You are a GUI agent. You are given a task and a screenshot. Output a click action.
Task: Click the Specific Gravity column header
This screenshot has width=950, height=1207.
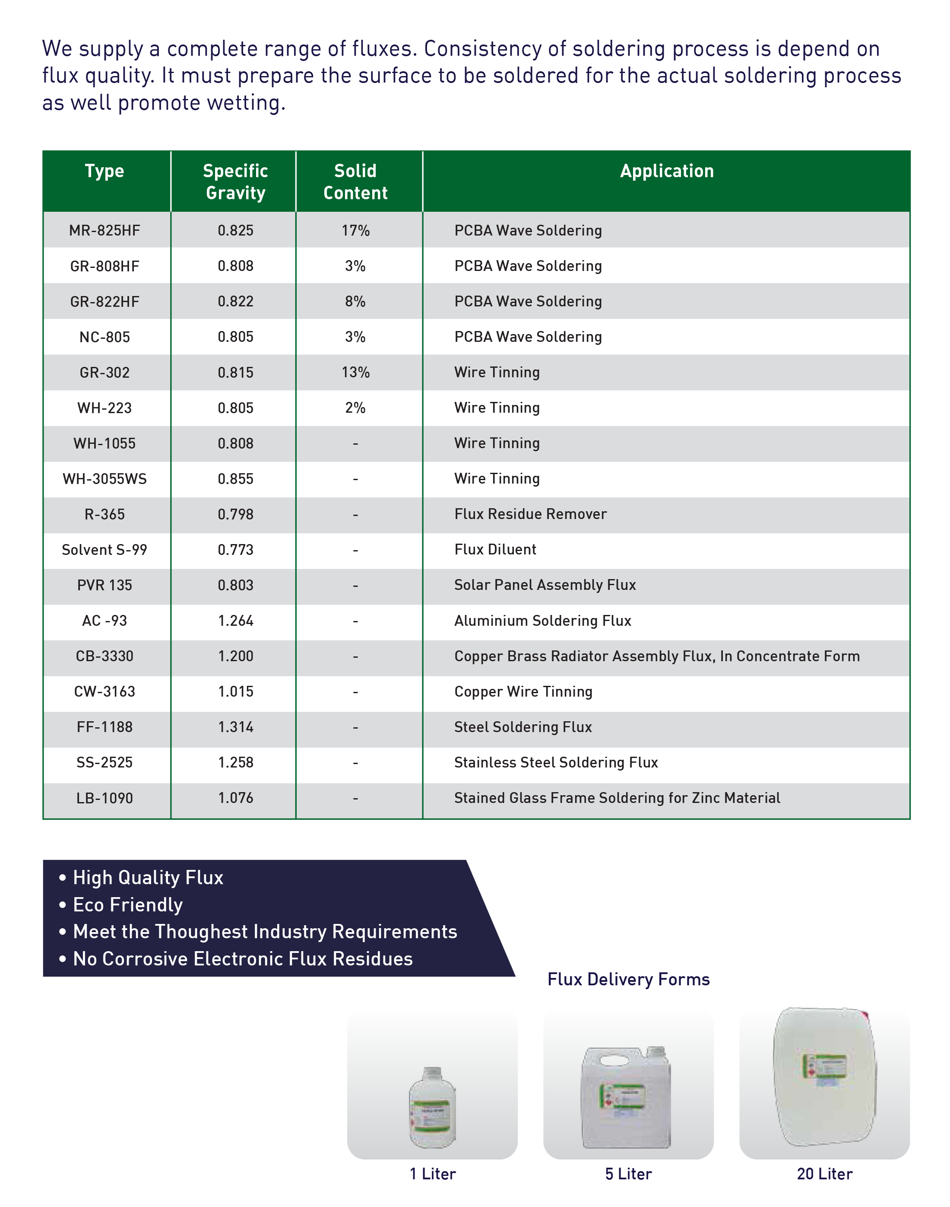click(235, 182)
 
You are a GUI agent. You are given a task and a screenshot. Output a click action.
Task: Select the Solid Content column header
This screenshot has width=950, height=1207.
click(355, 182)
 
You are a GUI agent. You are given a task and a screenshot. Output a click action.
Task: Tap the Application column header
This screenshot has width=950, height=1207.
click(666, 171)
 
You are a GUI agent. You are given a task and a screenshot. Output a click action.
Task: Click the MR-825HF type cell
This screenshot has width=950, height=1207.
click(104, 230)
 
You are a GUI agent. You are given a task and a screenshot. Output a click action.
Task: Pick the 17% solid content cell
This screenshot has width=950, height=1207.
click(355, 230)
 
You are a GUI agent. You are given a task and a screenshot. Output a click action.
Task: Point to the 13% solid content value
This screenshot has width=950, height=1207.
click(355, 372)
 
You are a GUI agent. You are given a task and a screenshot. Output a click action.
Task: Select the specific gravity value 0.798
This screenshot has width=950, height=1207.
click(235, 514)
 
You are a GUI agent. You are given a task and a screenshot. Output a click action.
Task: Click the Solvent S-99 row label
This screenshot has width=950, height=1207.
click(104, 550)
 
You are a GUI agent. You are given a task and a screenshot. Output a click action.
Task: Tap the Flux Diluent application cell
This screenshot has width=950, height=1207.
click(495, 550)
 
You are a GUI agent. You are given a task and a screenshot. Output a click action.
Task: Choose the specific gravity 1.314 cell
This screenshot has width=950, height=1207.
click(235, 727)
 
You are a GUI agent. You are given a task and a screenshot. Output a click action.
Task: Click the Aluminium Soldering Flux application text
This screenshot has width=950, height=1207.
click(542, 621)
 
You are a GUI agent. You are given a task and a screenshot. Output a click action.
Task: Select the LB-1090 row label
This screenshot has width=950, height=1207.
click(104, 798)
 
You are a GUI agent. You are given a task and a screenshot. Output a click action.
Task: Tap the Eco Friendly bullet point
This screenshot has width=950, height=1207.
click(127, 905)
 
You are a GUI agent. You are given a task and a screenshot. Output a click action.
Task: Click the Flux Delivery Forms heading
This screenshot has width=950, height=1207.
click(629, 979)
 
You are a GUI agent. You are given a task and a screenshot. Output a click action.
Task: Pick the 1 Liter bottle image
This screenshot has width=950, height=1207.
click(432, 1108)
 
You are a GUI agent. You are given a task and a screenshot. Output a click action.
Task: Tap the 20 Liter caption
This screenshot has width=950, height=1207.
click(824, 1174)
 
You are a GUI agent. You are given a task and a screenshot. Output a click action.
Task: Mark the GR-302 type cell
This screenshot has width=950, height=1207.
click(104, 372)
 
